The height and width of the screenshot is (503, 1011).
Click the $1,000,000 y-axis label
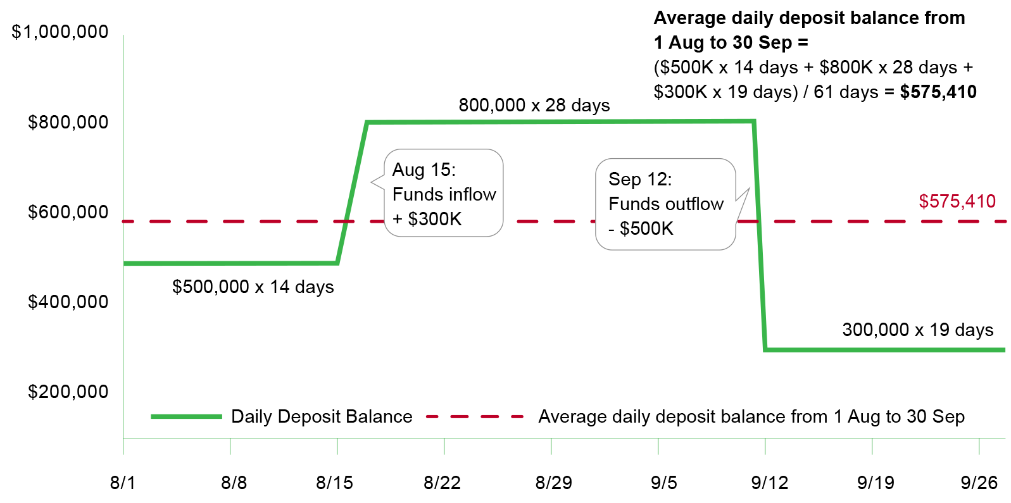point(60,32)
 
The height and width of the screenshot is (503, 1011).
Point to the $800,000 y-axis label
point(68,122)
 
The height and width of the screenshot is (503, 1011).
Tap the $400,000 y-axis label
point(68,302)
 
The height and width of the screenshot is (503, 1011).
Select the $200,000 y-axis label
point(68,392)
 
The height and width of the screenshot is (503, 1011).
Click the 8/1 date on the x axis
point(123,483)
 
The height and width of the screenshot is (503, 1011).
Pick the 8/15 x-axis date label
point(335,483)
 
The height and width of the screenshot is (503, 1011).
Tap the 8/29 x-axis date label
point(553,483)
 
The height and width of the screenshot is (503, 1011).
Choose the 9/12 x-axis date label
point(770,483)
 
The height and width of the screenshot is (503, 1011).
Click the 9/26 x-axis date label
point(979,483)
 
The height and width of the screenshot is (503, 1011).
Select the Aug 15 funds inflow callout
point(443,194)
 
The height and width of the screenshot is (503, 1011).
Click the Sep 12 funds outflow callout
point(665,204)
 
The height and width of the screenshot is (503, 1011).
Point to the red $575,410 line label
point(957,201)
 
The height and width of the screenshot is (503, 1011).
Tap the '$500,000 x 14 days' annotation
point(253,287)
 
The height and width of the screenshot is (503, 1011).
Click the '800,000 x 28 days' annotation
point(534,105)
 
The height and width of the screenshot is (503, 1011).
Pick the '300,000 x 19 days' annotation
point(918,330)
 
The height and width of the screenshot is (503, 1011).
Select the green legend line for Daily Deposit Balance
point(186,416)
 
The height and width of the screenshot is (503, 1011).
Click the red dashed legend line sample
point(475,416)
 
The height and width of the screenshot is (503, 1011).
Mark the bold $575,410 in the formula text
point(938,92)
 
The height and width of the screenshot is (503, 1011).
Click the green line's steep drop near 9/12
point(760,234)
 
